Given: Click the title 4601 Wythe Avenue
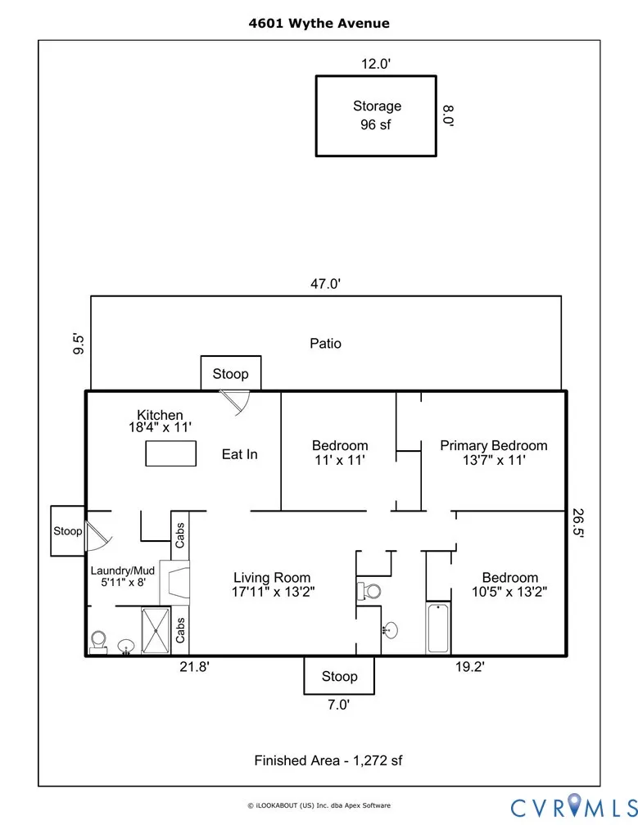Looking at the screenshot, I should click(x=319, y=23).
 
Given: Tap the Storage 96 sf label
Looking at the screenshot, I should click(x=377, y=115).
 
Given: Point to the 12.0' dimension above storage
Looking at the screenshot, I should click(x=377, y=64).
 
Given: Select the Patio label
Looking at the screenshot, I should click(x=325, y=344).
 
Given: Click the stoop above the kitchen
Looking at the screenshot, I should click(x=231, y=373).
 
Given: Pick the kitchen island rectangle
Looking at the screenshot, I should click(x=172, y=453).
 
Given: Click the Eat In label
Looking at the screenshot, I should click(x=239, y=453).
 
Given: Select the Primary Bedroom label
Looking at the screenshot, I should click(x=493, y=453).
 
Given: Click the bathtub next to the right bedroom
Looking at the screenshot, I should click(x=438, y=629).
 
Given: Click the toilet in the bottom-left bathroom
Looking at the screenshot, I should click(x=100, y=641).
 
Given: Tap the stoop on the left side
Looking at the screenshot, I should click(x=68, y=530).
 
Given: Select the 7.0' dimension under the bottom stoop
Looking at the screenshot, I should click(x=339, y=705).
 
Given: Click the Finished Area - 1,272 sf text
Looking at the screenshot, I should click(x=328, y=760).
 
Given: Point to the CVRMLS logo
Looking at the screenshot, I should click(x=571, y=806).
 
